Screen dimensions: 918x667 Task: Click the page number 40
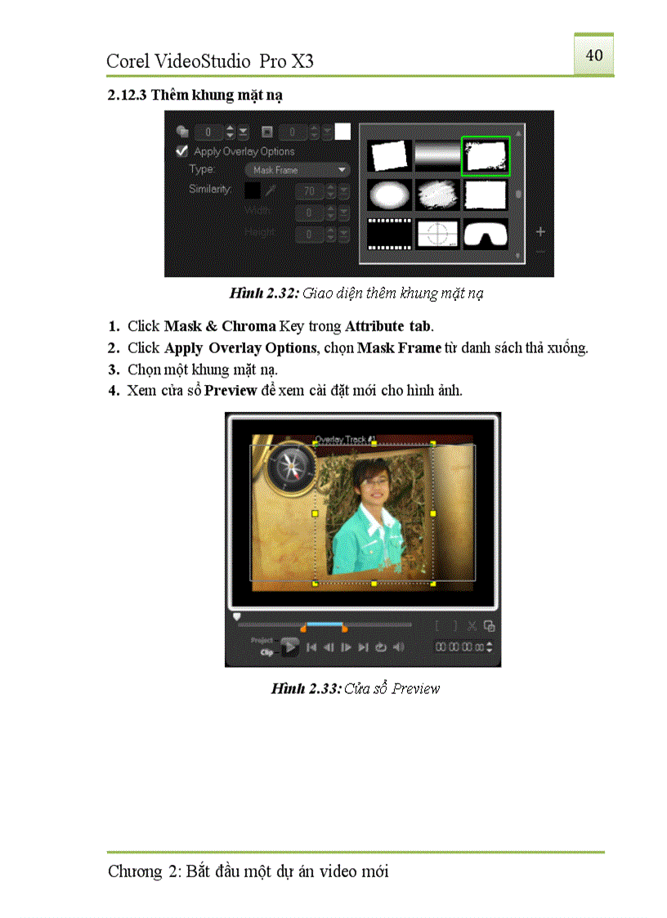594,55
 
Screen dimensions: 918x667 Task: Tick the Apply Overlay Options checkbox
182,151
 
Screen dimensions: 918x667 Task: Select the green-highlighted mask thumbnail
486,155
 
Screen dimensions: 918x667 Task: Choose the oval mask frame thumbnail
389,195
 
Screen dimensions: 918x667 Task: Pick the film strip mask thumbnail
389,235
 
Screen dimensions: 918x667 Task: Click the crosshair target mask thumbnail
437,235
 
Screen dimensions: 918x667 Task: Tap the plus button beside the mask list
540,232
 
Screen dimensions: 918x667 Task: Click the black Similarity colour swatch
253,190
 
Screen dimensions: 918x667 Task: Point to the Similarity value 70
309,191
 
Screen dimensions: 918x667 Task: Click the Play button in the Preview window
290,647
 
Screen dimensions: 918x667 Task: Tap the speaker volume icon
399,647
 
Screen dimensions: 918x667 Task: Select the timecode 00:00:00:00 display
459,647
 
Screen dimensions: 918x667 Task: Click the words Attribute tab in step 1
388,326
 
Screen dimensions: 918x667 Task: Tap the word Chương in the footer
135,871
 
